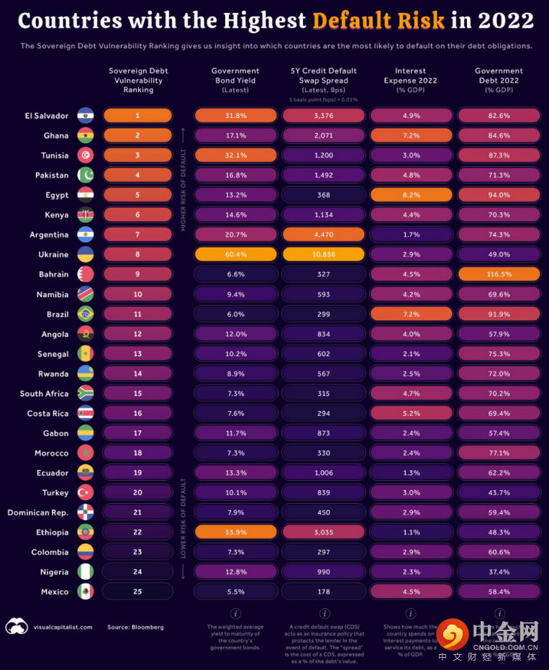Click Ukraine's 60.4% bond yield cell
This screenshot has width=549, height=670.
(235, 254)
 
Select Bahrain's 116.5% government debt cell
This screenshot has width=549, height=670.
(499, 274)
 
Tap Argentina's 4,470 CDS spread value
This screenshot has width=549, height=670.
(323, 235)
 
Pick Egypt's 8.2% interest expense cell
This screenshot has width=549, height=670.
(411, 195)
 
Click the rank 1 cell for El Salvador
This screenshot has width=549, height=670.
(137, 115)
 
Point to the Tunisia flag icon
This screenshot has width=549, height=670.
(84, 155)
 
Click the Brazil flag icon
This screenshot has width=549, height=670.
(84, 314)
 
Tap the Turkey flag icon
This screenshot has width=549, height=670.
(84, 493)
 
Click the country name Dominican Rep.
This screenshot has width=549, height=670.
(38, 512)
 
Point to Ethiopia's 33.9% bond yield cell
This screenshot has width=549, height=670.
(235, 533)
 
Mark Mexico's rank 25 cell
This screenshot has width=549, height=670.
(137, 592)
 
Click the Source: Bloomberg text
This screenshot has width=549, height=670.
(135, 627)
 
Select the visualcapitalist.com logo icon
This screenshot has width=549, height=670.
(17, 626)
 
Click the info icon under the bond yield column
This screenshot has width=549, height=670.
(235, 613)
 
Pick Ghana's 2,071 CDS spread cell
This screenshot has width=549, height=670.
(323, 135)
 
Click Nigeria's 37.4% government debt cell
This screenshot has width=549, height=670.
(499, 572)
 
